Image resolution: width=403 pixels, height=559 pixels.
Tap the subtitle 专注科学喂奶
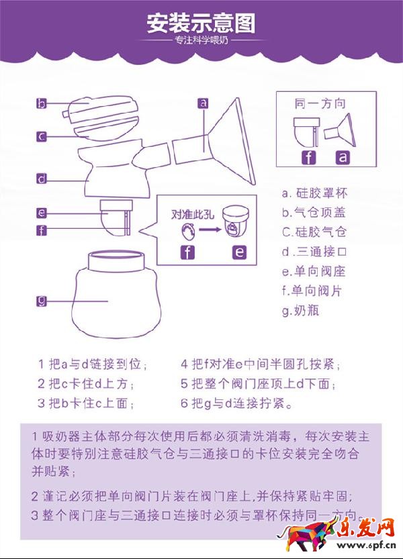click(201, 40)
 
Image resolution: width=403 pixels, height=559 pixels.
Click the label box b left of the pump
click(42, 103)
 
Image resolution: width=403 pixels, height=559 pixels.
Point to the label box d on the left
click(42, 179)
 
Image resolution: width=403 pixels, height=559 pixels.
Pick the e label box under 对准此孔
click(239, 252)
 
